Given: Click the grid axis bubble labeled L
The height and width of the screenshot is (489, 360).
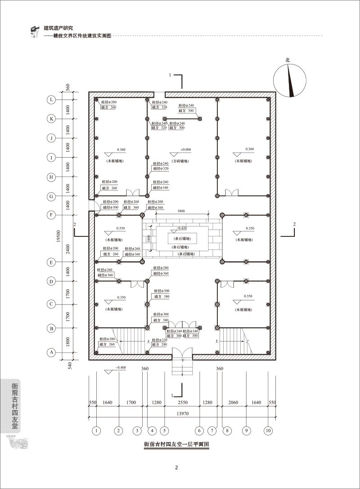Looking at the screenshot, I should click(x=52, y=100).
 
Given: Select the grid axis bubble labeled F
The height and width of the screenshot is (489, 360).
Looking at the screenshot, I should click(x=52, y=215).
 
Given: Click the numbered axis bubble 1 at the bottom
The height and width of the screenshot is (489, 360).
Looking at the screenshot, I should click(x=96, y=430).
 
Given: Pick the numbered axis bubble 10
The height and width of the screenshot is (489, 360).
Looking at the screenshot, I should click(x=268, y=430).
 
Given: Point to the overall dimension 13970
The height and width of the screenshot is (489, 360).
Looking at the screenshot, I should click(x=182, y=413).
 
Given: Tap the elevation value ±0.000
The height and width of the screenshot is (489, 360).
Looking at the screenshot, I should click(x=185, y=149).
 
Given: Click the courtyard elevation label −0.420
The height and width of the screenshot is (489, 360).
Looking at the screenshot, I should click(x=182, y=228).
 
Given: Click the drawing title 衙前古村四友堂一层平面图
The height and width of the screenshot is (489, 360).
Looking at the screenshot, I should click(x=177, y=444).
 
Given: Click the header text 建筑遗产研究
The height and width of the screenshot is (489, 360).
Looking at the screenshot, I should click(x=61, y=28).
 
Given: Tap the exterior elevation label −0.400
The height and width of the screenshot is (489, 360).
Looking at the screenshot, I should click(x=121, y=368).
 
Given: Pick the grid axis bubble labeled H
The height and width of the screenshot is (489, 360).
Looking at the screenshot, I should click(x=52, y=177).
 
